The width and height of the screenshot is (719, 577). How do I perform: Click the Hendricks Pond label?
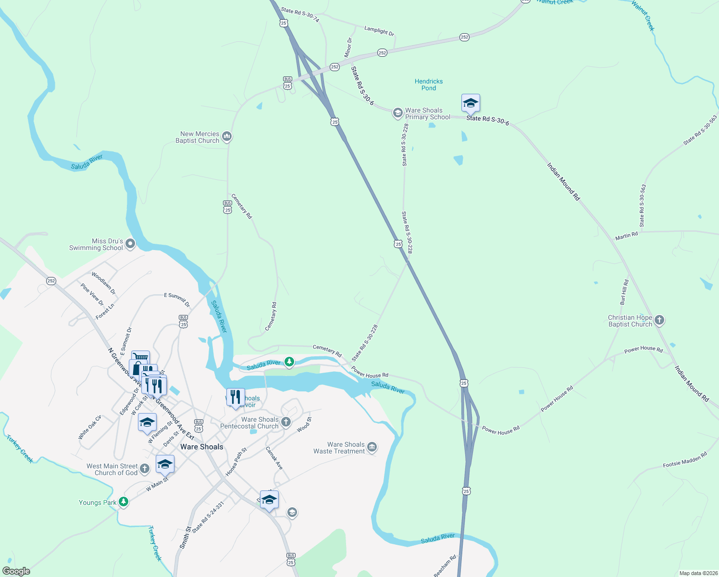click(429, 85)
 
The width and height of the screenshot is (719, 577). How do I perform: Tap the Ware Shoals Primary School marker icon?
click(397, 113)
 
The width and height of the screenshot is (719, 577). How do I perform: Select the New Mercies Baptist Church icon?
click(227, 137)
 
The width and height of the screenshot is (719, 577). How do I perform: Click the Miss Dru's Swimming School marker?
click(130, 244)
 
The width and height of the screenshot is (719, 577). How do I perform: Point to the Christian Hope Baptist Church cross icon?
click(659, 320)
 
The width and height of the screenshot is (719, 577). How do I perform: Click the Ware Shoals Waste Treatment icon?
click(372, 448)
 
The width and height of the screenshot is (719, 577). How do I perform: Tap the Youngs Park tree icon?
click(124, 502)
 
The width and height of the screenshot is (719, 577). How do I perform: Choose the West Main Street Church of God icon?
click(145, 469)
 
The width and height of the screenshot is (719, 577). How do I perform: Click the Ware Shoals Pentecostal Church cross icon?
click(286, 422)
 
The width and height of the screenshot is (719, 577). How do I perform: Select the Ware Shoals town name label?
click(202, 447)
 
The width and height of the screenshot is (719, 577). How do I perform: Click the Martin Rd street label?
click(626, 236)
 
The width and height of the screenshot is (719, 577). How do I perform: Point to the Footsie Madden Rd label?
click(685, 460)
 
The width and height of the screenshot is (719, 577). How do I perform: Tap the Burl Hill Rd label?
click(624, 292)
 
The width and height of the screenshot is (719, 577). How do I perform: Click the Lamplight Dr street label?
click(379, 31)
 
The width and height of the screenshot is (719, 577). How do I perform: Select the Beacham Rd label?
click(445, 565)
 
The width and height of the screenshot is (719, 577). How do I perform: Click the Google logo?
click(16, 571)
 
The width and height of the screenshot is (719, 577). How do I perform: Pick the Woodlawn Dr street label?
click(104, 284)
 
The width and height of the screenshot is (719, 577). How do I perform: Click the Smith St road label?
click(185, 538)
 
